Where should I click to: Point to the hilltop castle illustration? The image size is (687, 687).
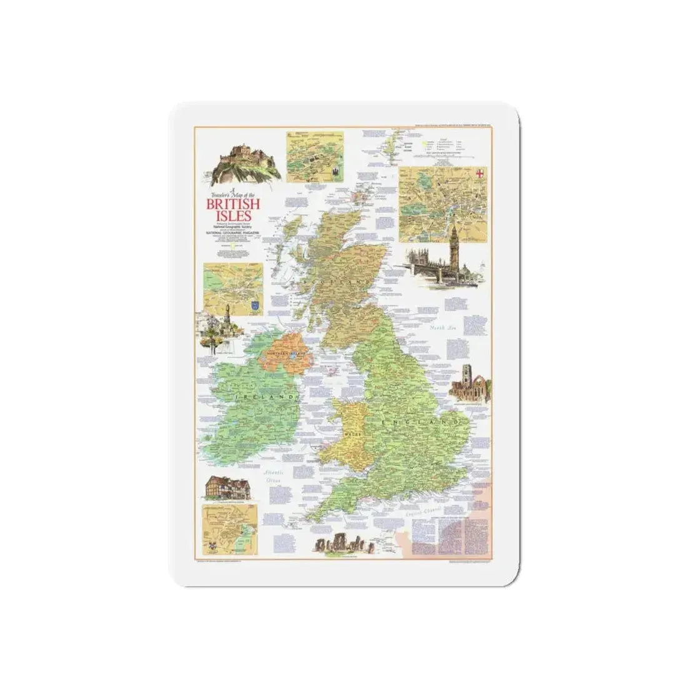pyautogui.click(x=240, y=158)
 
